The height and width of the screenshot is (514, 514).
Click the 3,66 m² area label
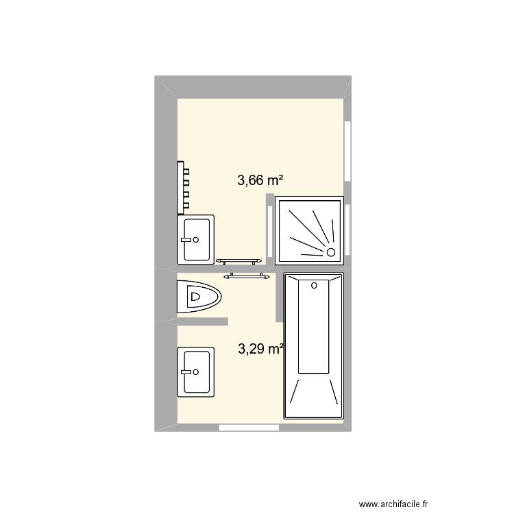click(x=260, y=181)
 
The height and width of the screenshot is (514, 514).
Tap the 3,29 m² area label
click(x=261, y=349)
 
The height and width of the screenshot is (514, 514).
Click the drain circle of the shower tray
click(x=332, y=252)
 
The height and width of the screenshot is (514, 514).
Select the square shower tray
click(x=309, y=230)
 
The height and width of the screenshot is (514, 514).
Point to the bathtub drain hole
click(x=314, y=284)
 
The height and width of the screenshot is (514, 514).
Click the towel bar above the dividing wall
click(x=239, y=261)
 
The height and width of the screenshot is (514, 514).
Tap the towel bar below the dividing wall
click(x=246, y=276)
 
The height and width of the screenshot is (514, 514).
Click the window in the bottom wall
click(x=249, y=428)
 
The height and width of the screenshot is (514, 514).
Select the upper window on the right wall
click(x=347, y=151)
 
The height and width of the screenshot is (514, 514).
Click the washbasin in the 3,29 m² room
click(x=196, y=372)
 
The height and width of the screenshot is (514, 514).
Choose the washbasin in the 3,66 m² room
click(x=196, y=239)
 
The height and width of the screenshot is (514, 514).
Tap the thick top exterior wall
click(x=257, y=87)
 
